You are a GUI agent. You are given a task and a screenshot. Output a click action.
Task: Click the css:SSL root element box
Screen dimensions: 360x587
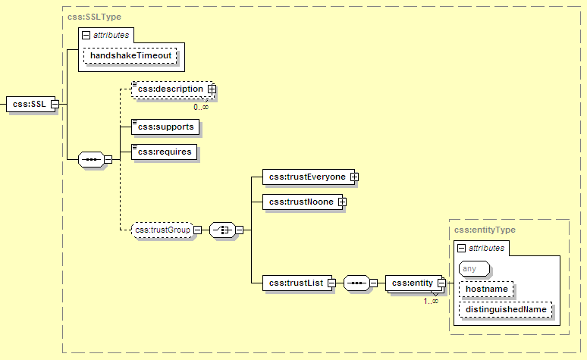(29, 104)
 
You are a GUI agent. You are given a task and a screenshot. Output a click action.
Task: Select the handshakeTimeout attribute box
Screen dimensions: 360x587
(130, 55)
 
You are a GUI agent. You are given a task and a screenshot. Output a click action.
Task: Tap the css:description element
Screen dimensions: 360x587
(170, 89)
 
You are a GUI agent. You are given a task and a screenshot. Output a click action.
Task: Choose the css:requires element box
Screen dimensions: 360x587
(164, 152)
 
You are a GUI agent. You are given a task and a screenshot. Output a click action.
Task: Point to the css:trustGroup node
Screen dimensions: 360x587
(162, 230)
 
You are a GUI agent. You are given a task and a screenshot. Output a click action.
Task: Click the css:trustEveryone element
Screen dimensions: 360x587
(306, 177)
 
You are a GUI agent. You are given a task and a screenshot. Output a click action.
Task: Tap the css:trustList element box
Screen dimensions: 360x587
(294, 283)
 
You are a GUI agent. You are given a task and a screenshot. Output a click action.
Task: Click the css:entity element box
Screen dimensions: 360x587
(410, 283)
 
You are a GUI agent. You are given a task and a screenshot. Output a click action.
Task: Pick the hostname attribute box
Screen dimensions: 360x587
(486, 289)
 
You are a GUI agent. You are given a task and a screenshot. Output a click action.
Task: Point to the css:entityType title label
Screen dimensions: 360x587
(484, 230)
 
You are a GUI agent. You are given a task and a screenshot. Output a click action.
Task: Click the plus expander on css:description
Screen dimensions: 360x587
(212, 89)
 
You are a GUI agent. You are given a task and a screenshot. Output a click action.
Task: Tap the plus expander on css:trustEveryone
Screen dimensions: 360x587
(353, 177)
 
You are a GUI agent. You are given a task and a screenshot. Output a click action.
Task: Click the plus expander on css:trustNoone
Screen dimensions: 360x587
(342, 202)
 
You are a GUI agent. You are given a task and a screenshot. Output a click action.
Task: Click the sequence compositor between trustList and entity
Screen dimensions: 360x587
(356, 283)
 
